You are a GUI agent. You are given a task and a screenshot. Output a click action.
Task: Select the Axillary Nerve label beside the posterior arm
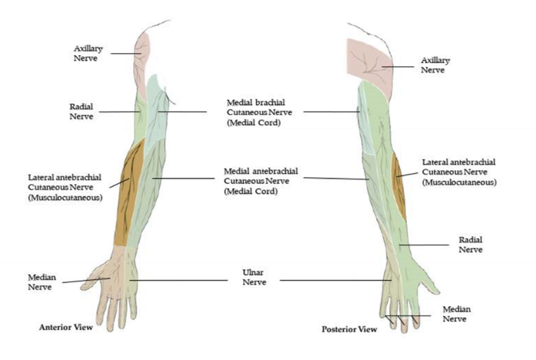(435, 64)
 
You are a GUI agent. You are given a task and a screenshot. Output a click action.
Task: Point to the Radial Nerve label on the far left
(81, 111)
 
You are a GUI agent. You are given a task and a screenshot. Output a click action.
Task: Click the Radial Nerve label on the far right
(470, 245)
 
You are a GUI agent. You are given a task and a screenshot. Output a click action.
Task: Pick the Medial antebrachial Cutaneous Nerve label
(256, 180)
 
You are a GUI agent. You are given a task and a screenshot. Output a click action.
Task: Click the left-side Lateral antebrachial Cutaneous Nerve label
(66, 187)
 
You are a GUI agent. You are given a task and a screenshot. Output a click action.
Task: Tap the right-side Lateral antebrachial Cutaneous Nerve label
(459, 172)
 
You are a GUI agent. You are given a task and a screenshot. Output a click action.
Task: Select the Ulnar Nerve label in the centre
(254, 277)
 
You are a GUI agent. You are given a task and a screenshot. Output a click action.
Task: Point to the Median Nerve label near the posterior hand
(456, 313)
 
